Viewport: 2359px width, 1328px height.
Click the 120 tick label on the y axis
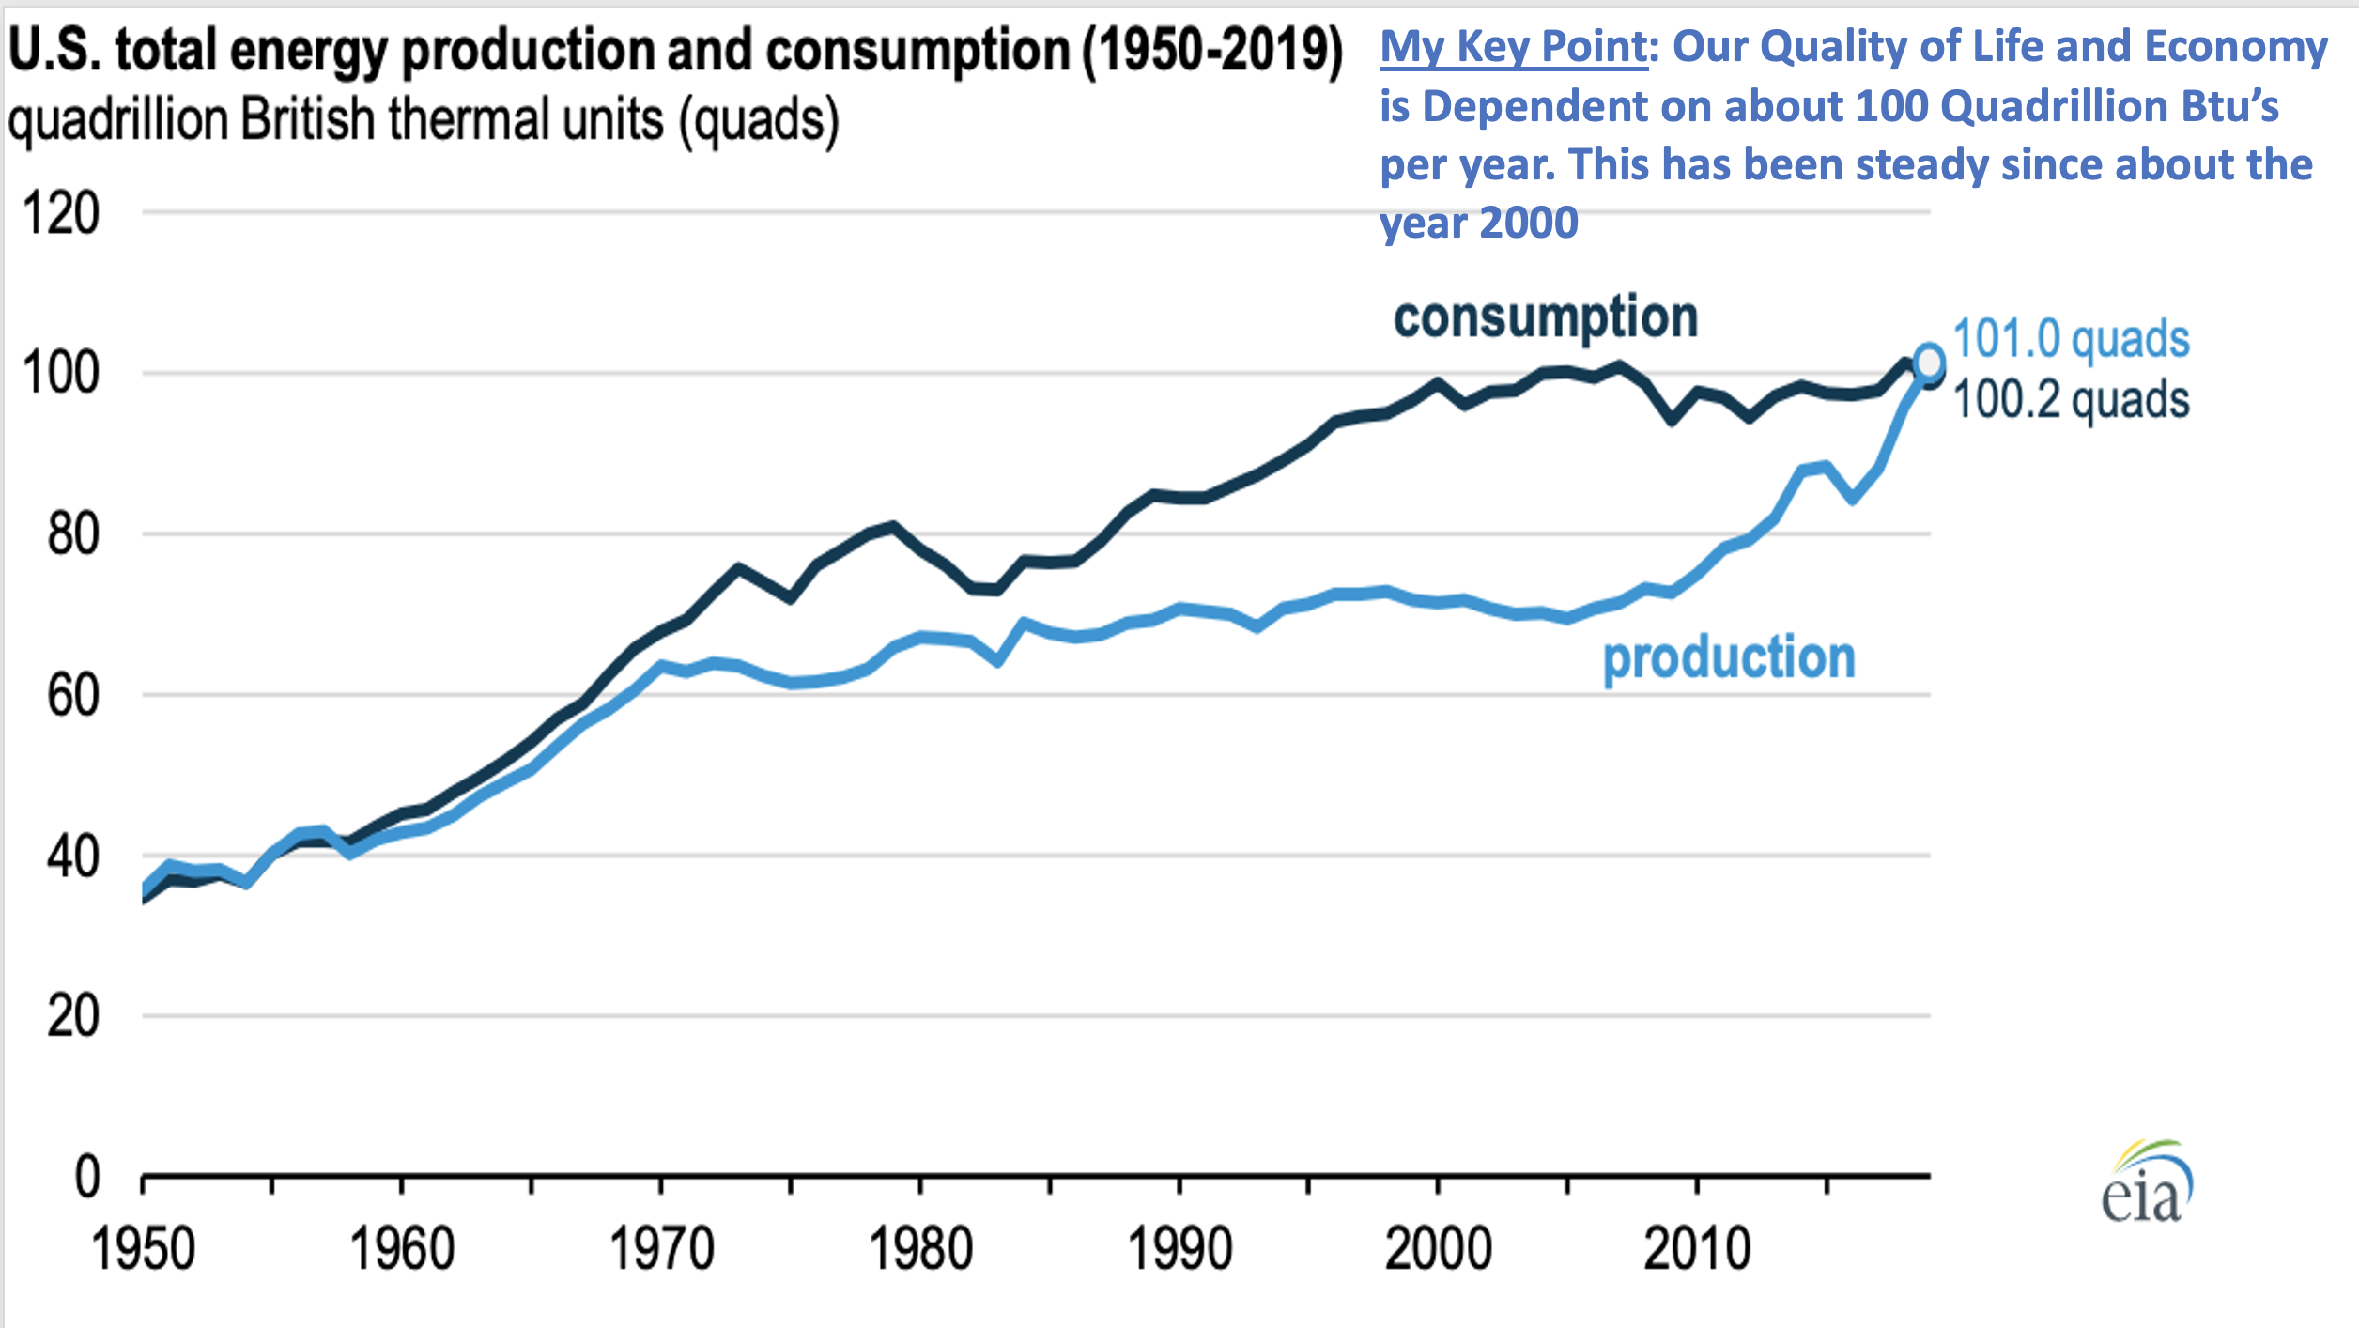click(x=61, y=213)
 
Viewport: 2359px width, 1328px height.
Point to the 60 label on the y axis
click(x=73, y=696)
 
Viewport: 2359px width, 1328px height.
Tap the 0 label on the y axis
click(x=87, y=1176)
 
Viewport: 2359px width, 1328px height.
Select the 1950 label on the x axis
click(x=143, y=1249)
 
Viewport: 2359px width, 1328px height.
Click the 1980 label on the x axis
click(x=920, y=1249)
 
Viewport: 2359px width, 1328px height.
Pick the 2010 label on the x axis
click(x=1697, y=1249)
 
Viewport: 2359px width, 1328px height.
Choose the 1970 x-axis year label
click(x=661, y=1249)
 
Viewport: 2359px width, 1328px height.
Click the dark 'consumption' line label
click(x=1546, y=317)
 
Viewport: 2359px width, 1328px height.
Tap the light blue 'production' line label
click(x=1729, y=656)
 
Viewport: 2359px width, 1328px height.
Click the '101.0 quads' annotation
click(x=2071, y=338)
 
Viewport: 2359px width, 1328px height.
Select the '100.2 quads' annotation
click(x=2071, y=399)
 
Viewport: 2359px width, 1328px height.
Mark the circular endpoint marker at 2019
click(x=1928, y=362)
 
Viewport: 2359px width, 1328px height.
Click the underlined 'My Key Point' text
click(x=1513, y=47)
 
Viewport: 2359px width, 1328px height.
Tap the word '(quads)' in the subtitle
click(x=759, y=120)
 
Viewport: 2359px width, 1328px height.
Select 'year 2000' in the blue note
click(x=1478, y=223)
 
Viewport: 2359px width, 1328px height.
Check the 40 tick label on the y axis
click(x=73, y=857)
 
